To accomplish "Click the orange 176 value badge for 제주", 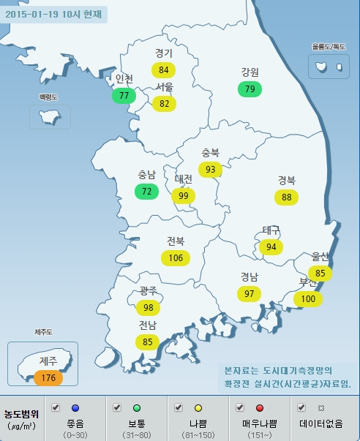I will tap(48, 377).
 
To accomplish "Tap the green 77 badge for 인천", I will tap(124, 95).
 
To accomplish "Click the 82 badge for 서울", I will tap(164, 103).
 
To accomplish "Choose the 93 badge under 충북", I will tap(211, 170).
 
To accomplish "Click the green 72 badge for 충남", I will tap(146, 192).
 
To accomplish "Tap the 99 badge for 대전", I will tap(184, 195).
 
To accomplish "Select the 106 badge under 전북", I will tap(176, 257).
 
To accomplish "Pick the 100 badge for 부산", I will tap(308, 298).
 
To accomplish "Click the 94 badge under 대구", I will tap(271, 246).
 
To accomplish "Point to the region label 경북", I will tap(286, 180).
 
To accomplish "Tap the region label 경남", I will tap(249, 276).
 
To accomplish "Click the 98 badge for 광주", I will tap(149, 308).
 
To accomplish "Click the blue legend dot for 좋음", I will tap(74, 407).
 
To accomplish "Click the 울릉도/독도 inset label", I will tap(327, 47).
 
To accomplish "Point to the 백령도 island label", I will tap(49, 97).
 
